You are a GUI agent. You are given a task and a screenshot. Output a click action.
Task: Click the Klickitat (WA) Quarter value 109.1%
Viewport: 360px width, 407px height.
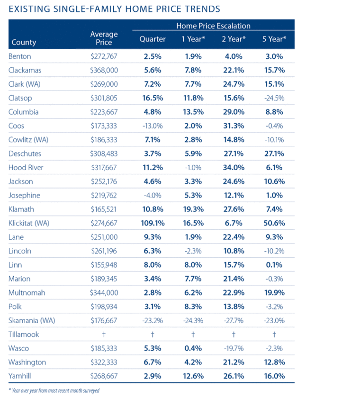153,223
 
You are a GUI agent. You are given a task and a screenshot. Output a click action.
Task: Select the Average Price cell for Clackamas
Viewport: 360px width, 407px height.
104,70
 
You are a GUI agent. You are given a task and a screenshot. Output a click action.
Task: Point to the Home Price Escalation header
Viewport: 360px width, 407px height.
213,26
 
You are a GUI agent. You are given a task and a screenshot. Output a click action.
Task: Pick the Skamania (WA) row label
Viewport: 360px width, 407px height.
32,320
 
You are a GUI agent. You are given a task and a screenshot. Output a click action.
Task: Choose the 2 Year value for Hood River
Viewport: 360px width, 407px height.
233,167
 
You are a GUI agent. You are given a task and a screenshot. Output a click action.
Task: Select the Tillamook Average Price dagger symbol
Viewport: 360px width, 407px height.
104,335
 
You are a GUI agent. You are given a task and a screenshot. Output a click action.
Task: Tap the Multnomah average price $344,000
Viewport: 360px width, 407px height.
104,293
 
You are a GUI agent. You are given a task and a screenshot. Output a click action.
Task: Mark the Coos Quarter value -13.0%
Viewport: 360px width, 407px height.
153,126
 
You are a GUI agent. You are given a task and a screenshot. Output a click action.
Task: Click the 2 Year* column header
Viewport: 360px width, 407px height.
233,39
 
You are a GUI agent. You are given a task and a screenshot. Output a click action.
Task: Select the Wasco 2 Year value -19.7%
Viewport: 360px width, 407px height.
233,348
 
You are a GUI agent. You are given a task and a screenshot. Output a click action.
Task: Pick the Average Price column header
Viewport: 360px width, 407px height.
104,38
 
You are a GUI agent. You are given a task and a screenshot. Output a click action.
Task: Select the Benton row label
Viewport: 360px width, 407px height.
20,56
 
